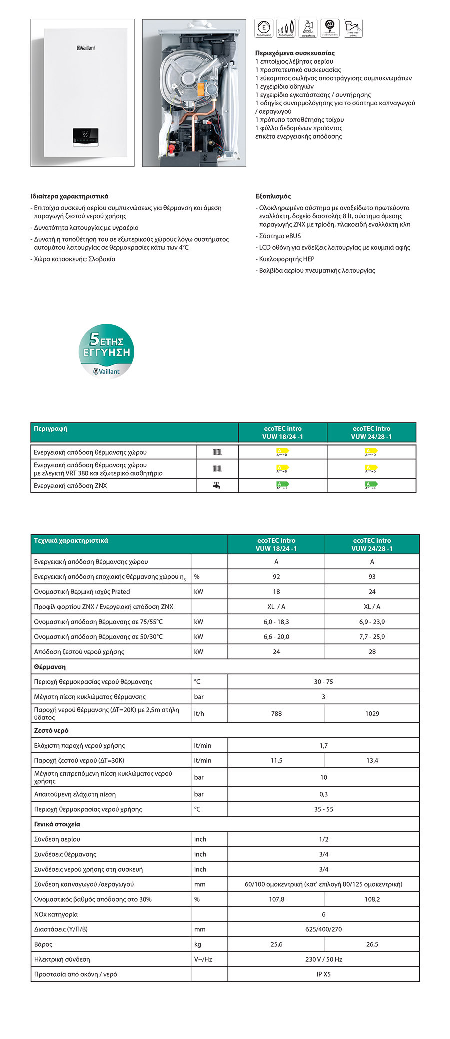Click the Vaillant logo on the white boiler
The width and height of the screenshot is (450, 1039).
pyautogui.click(x=86, y=48)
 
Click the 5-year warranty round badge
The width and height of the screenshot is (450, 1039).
pyautogui.click(x=106, y=351)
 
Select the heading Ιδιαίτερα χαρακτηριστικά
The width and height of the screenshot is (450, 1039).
pyautogui.click(x=69, y=196)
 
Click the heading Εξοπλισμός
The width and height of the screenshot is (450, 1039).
pyautogui.click(x=273, y=196)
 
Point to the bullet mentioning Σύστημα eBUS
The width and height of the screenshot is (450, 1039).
pyautogui.click(x=280, y=236)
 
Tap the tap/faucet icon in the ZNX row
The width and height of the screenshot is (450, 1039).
pyautogui.click(x=217, y=485)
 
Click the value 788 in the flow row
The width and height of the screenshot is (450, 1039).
pyautogui.click(x=276, y=713)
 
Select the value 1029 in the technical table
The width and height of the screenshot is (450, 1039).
pyautogui.click(x=372, y=713)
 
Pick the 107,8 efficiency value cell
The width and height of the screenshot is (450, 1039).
pyautogui.click(x=276, y=899)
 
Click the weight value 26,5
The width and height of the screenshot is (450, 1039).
pyautogui.click(x=372, y=944)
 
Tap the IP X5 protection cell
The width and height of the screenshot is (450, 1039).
pyautogui.click(x=323, y=974)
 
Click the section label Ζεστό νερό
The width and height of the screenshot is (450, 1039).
pyautogui.click(x=51, y=730)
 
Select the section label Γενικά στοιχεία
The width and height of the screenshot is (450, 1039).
pyautogui.click(x=57, y=824)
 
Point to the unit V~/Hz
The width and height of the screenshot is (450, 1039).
pyautogui.click(x=203, y=959)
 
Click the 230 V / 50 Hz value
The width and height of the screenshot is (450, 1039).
pyautogui.click(x=323, y=959)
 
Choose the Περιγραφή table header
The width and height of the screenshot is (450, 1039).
pyautogui.click(x=51, y=429)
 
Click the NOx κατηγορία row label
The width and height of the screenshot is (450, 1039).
pyautogui.click(x=56, y=914)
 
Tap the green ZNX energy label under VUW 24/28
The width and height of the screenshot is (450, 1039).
pyautogui.click(x=371, y=485)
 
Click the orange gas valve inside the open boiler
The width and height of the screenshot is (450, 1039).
pyautogui.click(x=200, y=90)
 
